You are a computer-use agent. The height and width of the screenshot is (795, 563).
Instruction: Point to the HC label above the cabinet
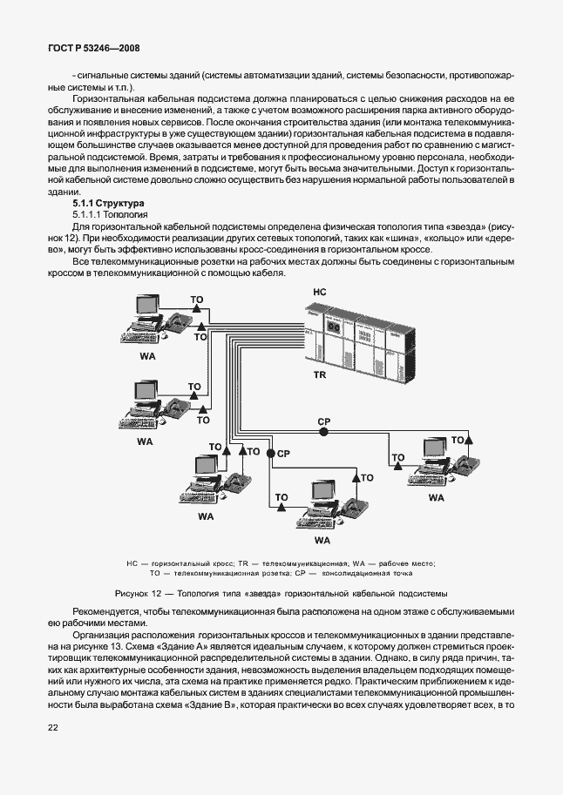pyautogui.click(x=319, y=292)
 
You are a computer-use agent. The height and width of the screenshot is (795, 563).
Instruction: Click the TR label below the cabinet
pyautogui.click(x=319, y=374)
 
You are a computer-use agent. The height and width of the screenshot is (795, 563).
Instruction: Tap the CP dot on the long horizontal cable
pyautogui.click(x=323, y=431)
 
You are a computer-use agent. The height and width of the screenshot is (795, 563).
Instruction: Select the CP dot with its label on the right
pyautogui.click(x=270, y=454)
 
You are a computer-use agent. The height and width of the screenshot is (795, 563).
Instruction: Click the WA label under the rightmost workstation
pyautogui.click(x=436, y=497)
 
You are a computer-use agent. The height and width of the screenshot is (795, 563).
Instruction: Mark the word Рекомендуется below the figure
pyautogui.click(x=83, y=611)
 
